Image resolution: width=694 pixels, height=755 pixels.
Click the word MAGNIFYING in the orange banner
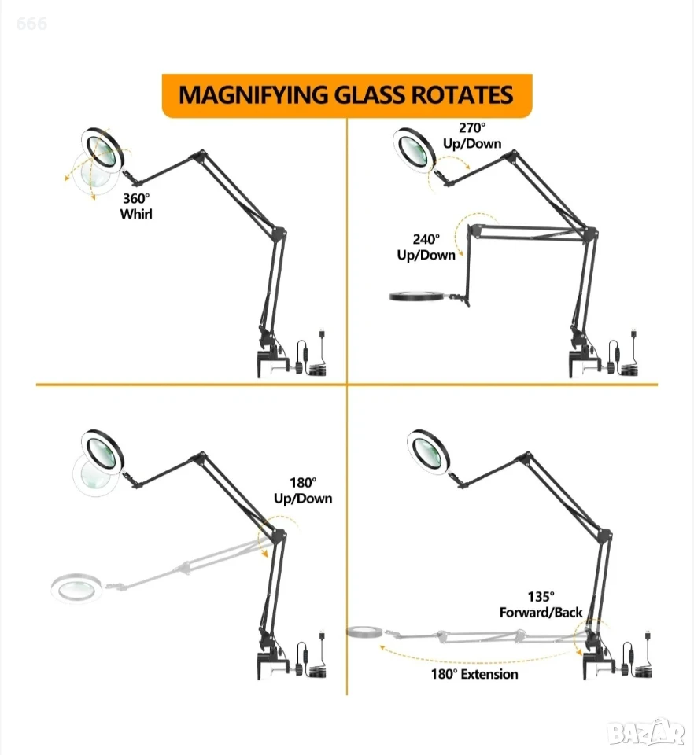254,95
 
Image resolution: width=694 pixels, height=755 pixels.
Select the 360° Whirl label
136,206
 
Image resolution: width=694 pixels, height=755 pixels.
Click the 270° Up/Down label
472,136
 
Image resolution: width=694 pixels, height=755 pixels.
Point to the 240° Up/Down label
426,247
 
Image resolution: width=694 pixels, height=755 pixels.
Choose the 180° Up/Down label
303,491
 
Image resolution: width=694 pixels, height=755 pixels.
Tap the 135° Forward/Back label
541,605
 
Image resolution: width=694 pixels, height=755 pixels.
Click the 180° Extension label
474,674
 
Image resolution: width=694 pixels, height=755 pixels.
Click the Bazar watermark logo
646,732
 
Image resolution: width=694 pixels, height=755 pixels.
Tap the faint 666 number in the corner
31,23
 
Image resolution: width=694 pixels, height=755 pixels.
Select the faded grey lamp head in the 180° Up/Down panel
76,587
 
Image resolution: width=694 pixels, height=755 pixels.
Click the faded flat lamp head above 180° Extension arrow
364,631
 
